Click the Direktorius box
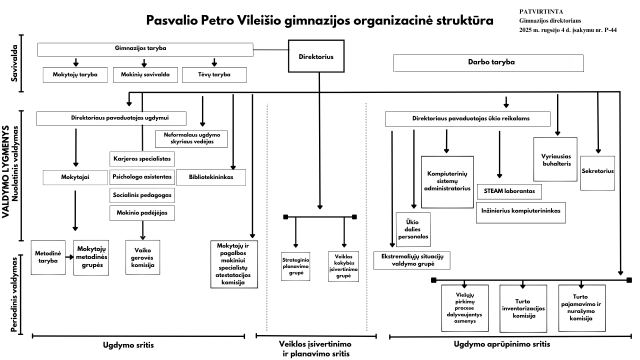point(318,57)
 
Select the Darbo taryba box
point(489,63)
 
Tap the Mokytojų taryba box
point(74,75)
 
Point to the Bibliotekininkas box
point(211,177)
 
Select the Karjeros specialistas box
point(142,159)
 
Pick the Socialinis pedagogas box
point(142,194)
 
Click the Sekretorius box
point(597,171)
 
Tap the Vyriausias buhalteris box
point(555,159)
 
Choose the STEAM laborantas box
point(509,191)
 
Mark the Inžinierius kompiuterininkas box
point(520,211)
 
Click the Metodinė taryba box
point(47,257)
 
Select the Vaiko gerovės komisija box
point(142,257)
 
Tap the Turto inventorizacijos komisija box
point(523,308)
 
